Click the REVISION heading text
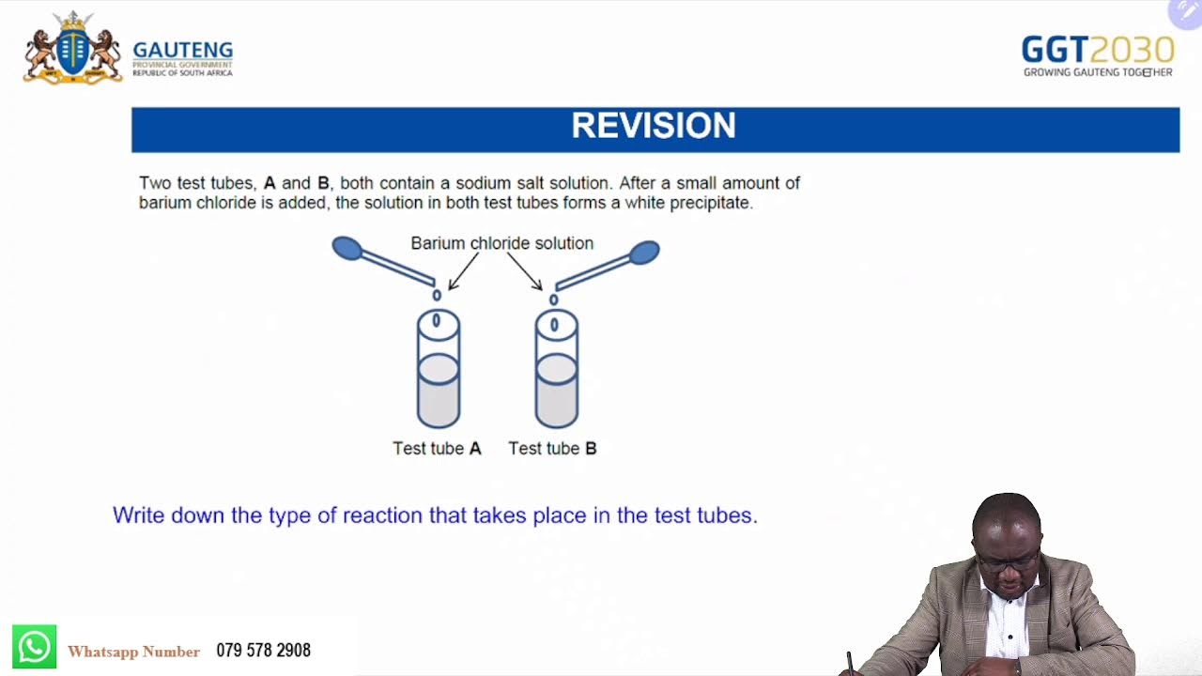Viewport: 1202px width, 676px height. pos(654,127)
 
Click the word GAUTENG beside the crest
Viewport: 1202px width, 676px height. pos(182,51)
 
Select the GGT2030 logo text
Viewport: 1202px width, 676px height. pos(1097,50)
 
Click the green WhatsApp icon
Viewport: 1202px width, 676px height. pos(34,648)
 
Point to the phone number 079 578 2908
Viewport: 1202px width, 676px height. pos(263,651)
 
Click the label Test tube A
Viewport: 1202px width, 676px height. pos(437,449)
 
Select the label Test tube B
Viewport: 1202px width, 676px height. pos(552,449)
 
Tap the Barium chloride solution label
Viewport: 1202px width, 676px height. pos(501,243)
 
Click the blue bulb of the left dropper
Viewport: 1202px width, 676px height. pos(347,248)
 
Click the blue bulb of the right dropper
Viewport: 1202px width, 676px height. pos(644,252)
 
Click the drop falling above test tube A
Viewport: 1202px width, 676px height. pos(437,296)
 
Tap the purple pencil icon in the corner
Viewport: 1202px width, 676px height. pos(1185,12)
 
